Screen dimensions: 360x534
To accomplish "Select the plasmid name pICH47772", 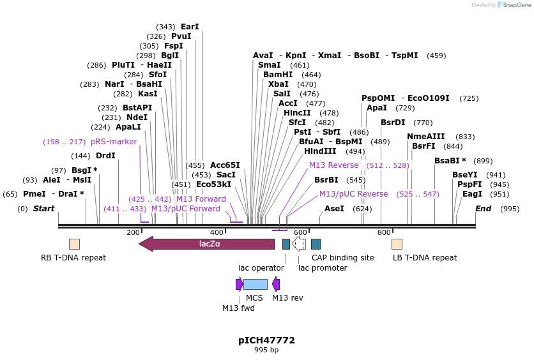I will point(266,340).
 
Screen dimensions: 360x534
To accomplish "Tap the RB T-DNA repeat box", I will point(74,244).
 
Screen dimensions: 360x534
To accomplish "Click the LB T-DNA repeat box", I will point(397,244).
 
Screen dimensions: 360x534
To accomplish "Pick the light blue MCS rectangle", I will point(255,284).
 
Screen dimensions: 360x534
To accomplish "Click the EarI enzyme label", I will point(190,27).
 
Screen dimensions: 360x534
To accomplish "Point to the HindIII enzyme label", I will point(320,151).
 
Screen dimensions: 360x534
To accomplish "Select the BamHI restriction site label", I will point(278,75).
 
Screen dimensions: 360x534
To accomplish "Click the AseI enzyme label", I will point(334,209).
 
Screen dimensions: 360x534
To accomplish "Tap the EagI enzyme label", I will point(472,194).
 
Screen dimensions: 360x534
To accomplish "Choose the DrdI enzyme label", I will point(105,156).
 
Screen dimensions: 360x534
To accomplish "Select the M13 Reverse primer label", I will point(333,165).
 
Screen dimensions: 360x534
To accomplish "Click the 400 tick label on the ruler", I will point(217,233).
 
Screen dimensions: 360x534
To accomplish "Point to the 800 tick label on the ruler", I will point(384,233).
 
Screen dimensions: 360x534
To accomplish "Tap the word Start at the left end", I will point(43,209).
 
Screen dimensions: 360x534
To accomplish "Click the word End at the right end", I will point(484,209).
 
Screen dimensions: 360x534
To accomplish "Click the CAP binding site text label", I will point(342,258).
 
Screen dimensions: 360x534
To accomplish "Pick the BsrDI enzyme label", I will point(393,123).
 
